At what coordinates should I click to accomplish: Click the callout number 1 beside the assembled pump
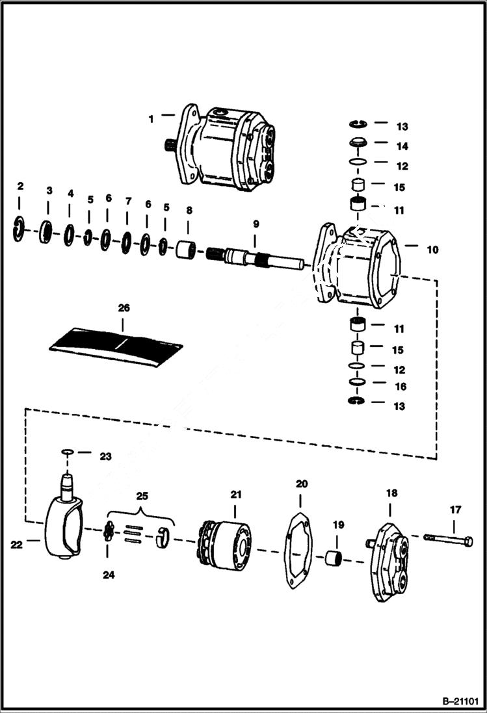click(150, 119)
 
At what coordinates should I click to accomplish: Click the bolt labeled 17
click(449, 539)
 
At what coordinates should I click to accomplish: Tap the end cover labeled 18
click(389, 560)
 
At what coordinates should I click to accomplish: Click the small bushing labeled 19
click(334, 557)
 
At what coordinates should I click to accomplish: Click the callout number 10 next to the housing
click(432, 249)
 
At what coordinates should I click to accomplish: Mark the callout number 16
click(401, 386)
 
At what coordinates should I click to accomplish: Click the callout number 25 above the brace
click(142, 495)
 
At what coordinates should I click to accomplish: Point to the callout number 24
click(109, 574)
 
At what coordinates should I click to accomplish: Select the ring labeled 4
click(69, 233)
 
